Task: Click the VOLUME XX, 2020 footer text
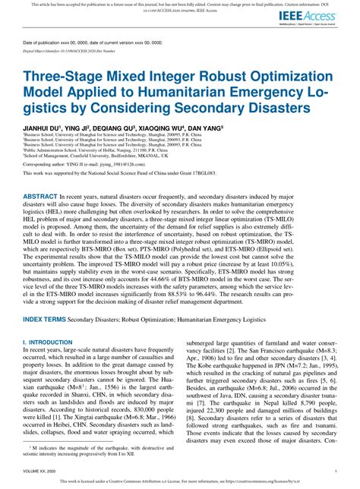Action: click(43, 472)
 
